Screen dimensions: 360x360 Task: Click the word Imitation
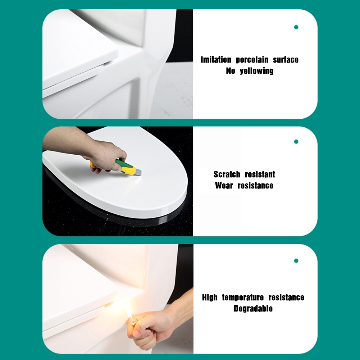coord(216,60)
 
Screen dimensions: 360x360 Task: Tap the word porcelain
coord(252,60)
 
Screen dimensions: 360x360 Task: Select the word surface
coord(286,60)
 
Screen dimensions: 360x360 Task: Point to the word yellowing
coord(256,71)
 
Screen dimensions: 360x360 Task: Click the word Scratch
coord(227,174)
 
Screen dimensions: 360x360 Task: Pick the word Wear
coord(224,186)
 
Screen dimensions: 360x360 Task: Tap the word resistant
coord(260,174)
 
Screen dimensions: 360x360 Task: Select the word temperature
coord(243,297)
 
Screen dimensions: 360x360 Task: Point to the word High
coord(210,297)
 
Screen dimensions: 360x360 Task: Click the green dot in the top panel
coord(296,27)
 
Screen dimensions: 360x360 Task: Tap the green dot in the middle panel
coord(296,142)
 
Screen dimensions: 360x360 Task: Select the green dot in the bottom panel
coord(296,261)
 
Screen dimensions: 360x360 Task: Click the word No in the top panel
coord(231,71)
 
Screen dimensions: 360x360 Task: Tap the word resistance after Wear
coord(255,186)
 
